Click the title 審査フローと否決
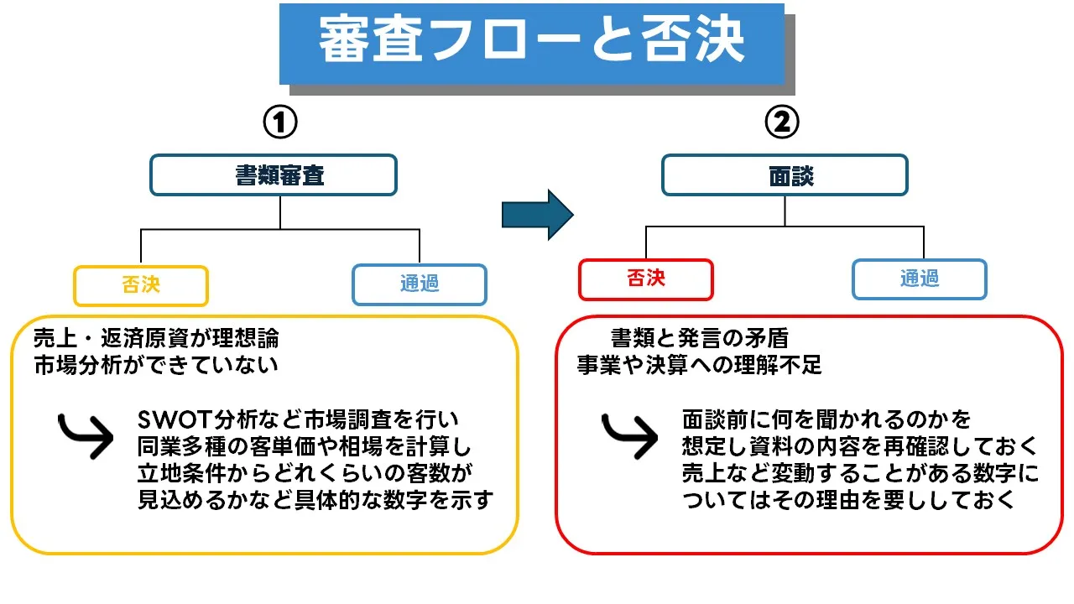[x=531, y=42]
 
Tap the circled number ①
[x=280, y=123]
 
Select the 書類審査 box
[x=273, y=175]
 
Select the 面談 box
[x=785, y=175]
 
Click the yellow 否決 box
[x=140, y=285]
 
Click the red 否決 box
[x=645, y=279]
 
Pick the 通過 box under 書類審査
[x=419, y=284]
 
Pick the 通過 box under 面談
[x=919, y=279]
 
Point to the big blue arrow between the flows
[x=537, y=215]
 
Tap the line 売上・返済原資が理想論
[x=156, y=340]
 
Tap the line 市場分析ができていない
[x=156, y=366]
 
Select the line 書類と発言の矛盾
[x=699, y=340]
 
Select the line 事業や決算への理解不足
[x=699, y=366]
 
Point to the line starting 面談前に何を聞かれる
[x=826, y=419]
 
